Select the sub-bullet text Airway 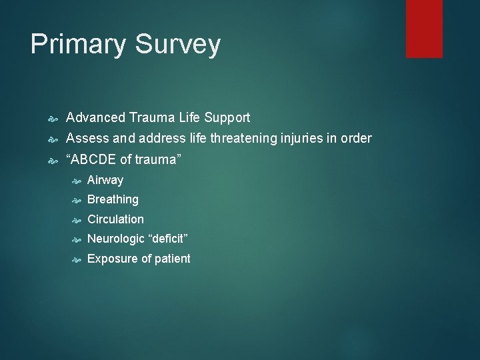pyautogui.click(x=105, y=180)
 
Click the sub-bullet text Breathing pyautogui.click(x=113, y=199)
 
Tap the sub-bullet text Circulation pyautogui.click(x=115, y=219)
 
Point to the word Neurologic pyautogui.click(x=116, y=239)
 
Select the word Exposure pyautogui.click(x=111, y=259)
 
